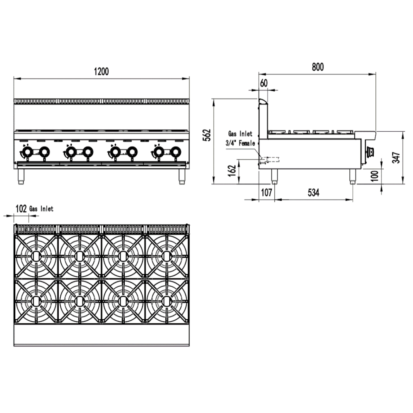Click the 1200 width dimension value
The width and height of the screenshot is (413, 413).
point(101,71)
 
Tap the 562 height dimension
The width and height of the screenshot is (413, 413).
point(208,135)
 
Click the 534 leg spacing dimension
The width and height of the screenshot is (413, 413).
point(314,192)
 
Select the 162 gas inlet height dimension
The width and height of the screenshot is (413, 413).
point(232,170)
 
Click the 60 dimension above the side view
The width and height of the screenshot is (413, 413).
point(264,83)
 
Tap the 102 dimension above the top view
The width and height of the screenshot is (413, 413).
point(21,209)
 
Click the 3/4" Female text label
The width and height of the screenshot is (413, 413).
point(240,143)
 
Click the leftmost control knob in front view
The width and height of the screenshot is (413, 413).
point(26,152)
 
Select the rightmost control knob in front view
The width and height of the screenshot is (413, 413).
point(176,152)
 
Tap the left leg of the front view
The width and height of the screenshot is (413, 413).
point(21,177)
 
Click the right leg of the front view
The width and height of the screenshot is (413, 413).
point(182,177)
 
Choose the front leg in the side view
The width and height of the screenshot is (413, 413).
point(352,177)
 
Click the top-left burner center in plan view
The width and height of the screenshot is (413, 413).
point(36,256)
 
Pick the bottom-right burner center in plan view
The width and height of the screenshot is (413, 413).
point(166,300)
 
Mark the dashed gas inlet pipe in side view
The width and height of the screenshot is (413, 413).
point(273,159)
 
